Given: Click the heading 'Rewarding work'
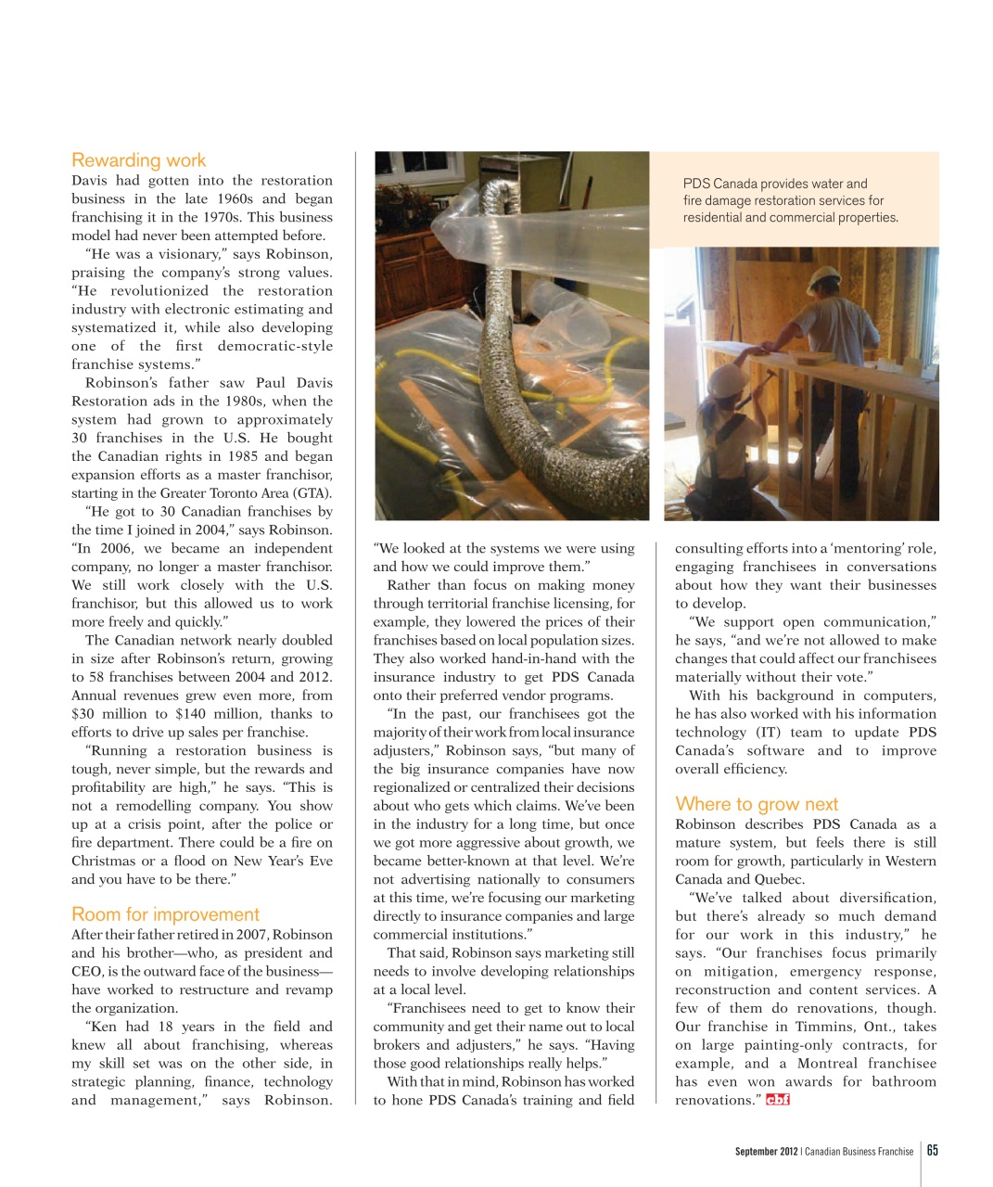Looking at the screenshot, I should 138,160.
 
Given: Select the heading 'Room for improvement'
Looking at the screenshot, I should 165,914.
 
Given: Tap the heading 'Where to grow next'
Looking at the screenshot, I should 757,804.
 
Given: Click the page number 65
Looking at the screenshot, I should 932,1150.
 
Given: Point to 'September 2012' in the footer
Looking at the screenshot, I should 766,1152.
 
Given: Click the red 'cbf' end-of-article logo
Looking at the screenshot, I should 778,1100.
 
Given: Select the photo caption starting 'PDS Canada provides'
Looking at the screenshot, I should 790,200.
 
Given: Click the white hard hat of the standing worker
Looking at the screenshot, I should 823,279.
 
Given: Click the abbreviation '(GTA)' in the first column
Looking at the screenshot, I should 312,493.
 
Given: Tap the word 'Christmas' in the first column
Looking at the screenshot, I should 104,861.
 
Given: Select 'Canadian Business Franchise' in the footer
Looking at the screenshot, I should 859,1152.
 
